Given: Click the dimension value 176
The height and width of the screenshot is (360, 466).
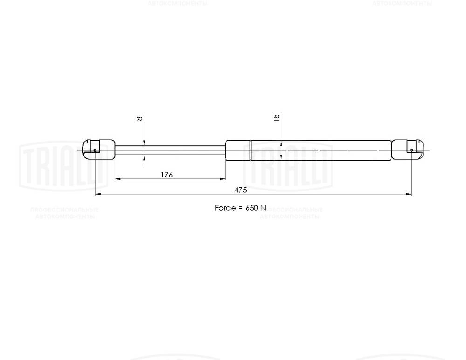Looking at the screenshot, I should coord(167,175).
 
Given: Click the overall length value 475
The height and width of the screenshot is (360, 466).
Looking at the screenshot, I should coord(240,190).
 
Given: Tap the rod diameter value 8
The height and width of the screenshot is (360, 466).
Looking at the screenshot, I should coord(139,119).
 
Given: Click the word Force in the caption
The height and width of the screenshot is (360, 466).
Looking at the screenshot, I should coord(225,208).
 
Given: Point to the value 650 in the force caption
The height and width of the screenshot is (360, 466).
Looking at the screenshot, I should coord(251,208).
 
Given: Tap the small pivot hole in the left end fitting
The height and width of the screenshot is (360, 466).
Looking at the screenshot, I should coord(95,150).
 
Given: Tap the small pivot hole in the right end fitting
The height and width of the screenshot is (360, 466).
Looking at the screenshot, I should coord(411,150).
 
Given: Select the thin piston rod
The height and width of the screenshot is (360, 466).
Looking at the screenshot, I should coord(170,149).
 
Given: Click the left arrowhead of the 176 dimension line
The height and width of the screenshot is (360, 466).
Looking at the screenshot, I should coord(117,179).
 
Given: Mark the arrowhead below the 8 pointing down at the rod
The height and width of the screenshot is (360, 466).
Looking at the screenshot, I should coord(144,143).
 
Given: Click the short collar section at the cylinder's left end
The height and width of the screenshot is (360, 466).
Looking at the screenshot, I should coord(238,150).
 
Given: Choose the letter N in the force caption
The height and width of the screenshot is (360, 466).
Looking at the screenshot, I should coord(263,208).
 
